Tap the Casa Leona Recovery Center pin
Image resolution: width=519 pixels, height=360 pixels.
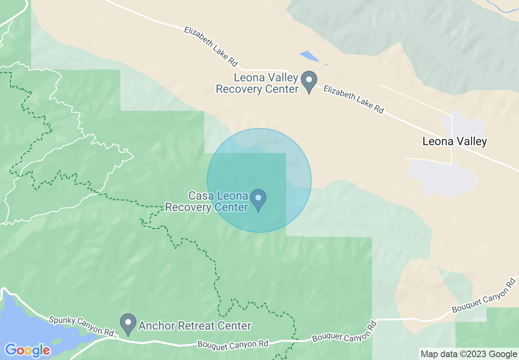pos(258,198)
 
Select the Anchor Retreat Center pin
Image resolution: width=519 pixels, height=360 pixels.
pos(128,323)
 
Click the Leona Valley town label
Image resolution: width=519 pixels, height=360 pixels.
pos(455,142)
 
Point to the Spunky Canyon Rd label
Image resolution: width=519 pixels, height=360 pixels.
pos(81,326)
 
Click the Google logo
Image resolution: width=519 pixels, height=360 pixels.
pos(27,350)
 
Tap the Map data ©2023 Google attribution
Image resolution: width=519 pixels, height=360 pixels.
pos(469,354)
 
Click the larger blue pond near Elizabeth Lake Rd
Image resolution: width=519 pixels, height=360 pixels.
pos(309,56)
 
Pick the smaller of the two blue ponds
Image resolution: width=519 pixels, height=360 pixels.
pos(326,64)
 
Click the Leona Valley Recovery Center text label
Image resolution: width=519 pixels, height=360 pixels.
pos(257,83)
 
